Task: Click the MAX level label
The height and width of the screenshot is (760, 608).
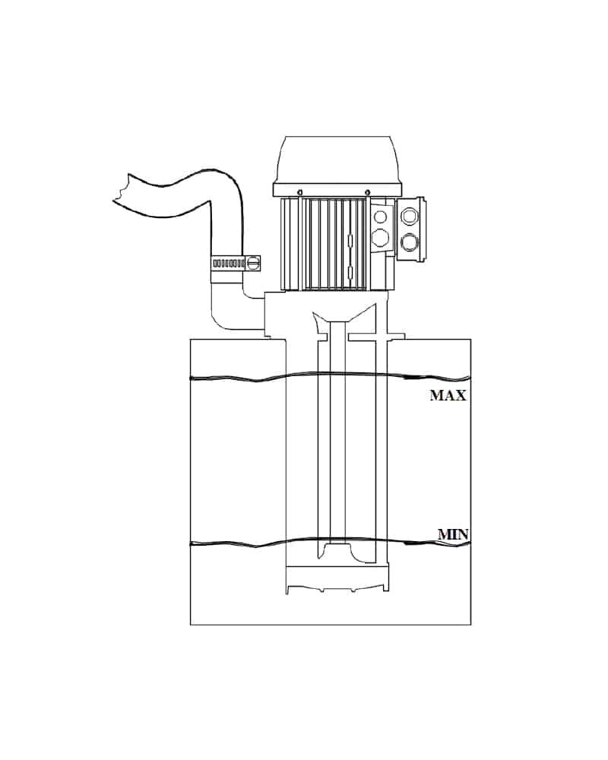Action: [x=448, y=395]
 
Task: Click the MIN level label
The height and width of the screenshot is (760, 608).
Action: [x=453, y=534]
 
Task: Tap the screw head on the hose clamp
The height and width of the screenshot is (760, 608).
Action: [x=252, y=263]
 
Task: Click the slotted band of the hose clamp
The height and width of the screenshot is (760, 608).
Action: [x=228, y=264]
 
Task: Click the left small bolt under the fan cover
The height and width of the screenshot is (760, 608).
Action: [x=301, y=190]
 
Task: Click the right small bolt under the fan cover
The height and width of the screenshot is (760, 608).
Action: [x=368, y=190]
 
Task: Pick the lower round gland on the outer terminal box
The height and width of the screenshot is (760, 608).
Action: [x=410, y=240]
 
